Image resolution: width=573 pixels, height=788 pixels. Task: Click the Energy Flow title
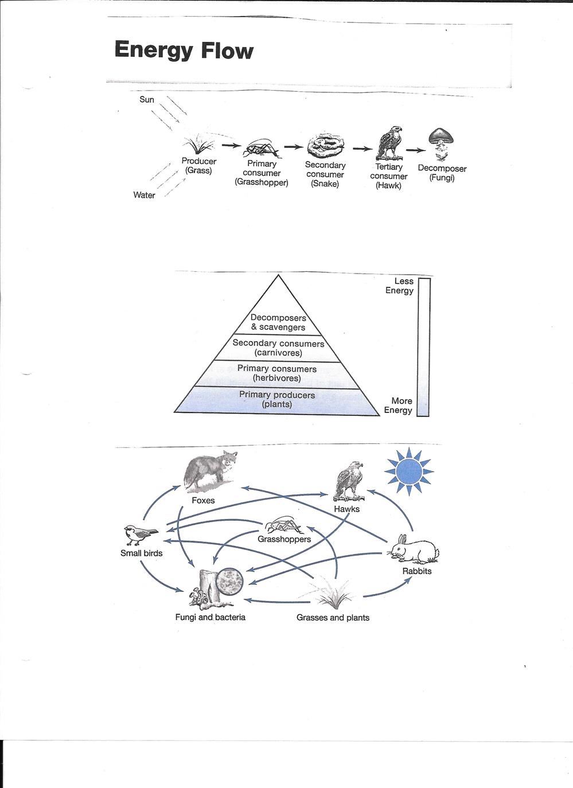click(x=184, y=50)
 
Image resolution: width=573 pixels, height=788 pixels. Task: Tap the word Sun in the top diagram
click(x=147, y=100)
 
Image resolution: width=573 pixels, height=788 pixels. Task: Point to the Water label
click(x=144, y=195)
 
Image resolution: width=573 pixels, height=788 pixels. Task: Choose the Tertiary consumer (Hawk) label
click(x=389, y=176)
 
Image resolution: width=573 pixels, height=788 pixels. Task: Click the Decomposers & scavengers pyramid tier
click(x=278, y=322)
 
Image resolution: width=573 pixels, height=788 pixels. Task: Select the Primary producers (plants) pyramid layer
click(x=277, y=400)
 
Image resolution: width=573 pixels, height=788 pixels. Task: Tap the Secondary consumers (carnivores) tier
click(x=278, y=348)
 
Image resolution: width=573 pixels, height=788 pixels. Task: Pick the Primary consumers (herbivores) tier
click(x=277, y=373)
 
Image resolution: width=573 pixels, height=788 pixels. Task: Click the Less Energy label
click(x=400, y=286)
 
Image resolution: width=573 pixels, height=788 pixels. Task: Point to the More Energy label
click(x=399, y=405)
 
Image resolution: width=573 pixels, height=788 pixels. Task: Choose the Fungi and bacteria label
click(x=211, y=618)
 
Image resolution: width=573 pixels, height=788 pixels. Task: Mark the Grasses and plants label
click(x=333, y=618)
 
